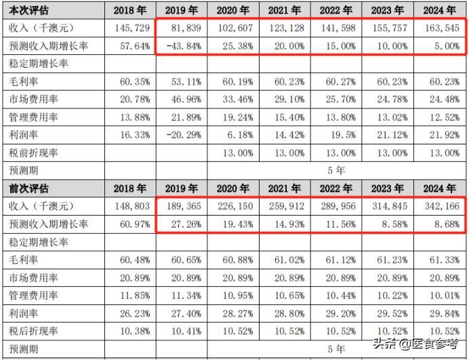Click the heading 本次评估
tap(27, 10)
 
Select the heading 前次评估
tap(27, 188)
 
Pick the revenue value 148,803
tap(131, 206)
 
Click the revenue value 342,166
tap(444, 206)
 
